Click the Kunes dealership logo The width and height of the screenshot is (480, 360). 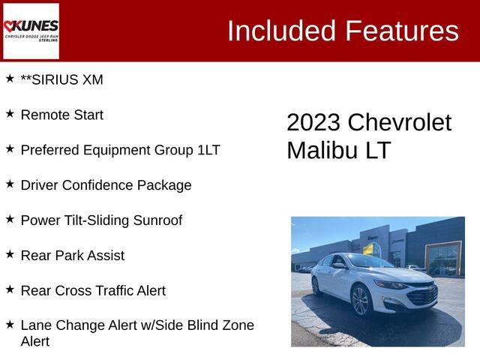[31, 31]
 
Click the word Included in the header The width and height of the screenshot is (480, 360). [282, 31]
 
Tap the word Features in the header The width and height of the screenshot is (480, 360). [402, 31]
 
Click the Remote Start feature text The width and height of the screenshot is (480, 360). [61, 115]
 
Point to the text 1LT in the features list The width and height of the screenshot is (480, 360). [208, 150]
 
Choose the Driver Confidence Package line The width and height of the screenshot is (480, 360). [106, 185]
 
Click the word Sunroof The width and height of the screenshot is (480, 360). [157, 220]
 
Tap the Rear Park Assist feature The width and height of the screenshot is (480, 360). [73, 255]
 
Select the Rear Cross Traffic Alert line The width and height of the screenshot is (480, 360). [93, 290]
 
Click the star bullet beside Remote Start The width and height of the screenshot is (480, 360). [10, 113]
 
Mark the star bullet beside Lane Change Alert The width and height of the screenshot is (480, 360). [10, 324]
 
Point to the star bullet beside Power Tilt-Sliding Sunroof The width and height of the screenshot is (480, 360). [10, 219]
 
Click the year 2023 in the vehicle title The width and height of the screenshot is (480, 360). [313, 122]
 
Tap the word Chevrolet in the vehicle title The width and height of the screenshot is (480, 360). [400, 122]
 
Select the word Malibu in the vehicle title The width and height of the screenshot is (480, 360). [322, 150]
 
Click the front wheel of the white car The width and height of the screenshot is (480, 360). [361, 301]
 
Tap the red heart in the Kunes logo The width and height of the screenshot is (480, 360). [9, 26]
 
